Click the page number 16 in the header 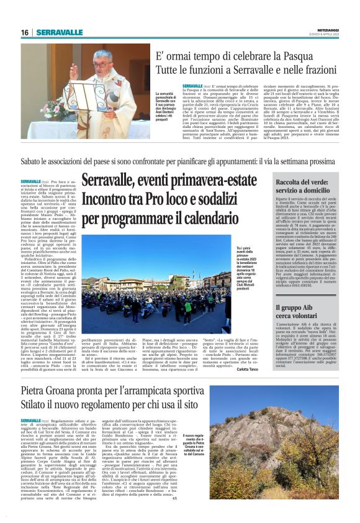(24, 32)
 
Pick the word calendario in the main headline (212, 219)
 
